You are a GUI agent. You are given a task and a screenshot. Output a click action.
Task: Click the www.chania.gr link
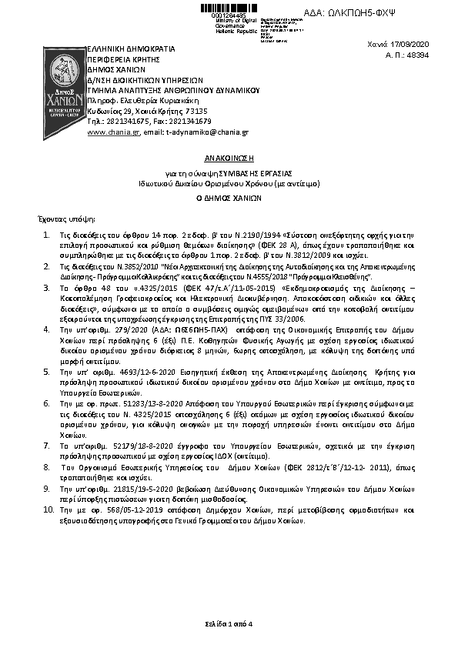point(102,132)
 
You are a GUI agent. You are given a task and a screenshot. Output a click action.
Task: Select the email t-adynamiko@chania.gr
point(206,132)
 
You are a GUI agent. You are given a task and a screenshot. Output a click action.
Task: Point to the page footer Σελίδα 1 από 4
point(229,622)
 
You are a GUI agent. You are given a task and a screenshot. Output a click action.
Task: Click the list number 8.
point(45,466)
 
